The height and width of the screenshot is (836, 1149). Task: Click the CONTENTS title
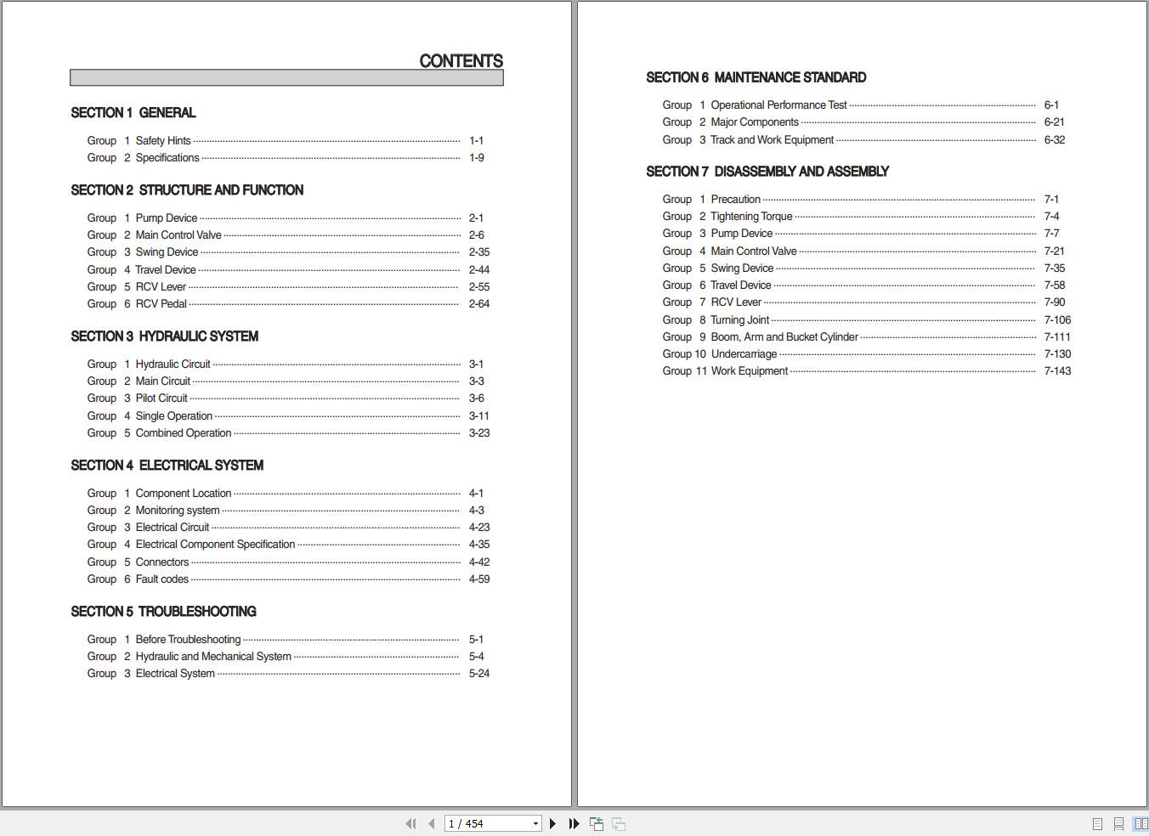point(461,61)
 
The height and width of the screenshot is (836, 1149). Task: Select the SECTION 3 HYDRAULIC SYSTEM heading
point(164,336)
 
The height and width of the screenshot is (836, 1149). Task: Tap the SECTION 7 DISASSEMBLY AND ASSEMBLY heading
point(767,172)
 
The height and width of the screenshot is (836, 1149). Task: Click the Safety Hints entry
point(163,141)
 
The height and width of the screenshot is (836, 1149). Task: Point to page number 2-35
point(478,252)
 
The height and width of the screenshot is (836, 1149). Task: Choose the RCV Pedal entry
point(161,304)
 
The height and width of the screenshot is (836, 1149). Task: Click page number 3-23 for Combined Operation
point(478,433)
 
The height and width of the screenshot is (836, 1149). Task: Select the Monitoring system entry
point(177,511)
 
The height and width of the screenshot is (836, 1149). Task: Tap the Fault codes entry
point(161,579)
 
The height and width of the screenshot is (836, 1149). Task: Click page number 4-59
point(478,579)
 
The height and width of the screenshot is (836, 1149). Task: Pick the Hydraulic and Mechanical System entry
point(212,657)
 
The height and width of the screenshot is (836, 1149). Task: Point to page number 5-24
point(478,674)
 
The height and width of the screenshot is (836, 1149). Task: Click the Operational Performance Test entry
point(778,105)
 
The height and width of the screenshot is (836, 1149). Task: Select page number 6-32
point(1054,140)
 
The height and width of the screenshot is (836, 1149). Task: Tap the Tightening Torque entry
point(751,217)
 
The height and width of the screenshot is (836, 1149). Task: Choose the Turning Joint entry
point(739,320)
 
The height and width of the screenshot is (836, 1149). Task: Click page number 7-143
point(1057,371)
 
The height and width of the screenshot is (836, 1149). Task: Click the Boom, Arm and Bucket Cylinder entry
point(784,337)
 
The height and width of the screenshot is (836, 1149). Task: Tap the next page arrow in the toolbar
point(552,823)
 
